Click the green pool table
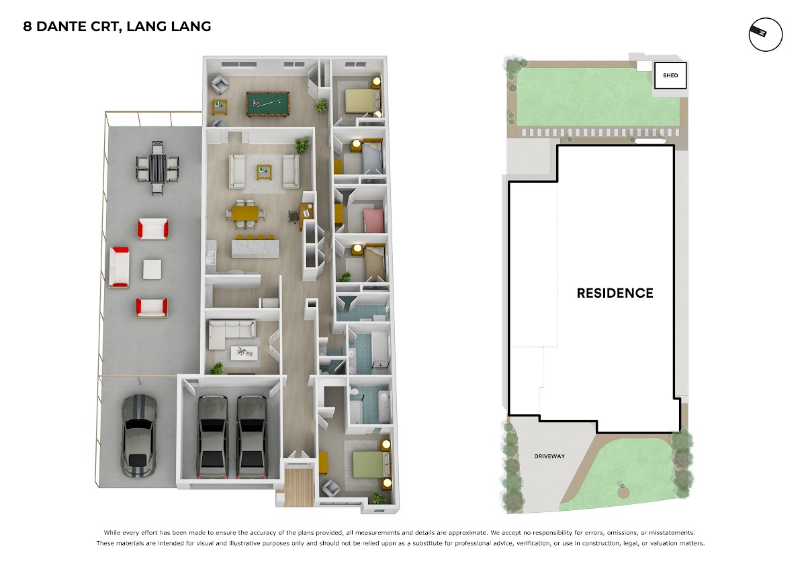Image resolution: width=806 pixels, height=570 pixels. (267, 104)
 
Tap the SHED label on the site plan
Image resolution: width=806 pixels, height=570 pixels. (670, 75)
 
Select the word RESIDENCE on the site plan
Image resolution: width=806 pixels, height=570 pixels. (615, 293)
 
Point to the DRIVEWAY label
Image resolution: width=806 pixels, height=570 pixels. (549, 456)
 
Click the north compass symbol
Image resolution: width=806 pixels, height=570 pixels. (766, 34)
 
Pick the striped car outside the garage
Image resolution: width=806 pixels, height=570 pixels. (139, 436)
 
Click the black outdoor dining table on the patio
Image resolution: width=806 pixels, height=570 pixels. (157, 168)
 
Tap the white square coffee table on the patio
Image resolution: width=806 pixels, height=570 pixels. (152, 270)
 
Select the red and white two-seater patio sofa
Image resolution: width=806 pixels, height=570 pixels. (119, 267)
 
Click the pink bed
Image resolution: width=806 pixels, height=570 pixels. (374, 220)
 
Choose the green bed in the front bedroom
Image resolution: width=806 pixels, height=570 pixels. (368, 465)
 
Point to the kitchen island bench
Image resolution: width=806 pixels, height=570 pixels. (255, 249)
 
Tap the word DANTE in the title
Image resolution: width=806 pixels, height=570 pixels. (61, 26)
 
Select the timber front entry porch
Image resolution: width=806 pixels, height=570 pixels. (298, 487)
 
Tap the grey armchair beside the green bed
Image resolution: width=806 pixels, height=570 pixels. (330, 488)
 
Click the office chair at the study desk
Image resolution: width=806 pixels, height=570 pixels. (294, 216)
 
